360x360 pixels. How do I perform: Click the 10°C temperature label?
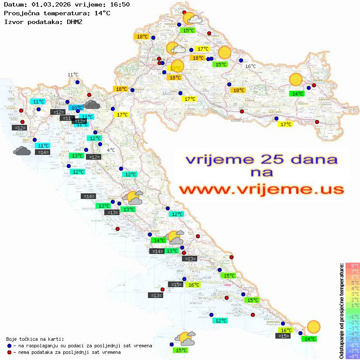(76, 108)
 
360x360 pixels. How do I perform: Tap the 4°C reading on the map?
(111, 150)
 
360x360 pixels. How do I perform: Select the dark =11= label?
(67, 118)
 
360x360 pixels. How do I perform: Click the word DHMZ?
(75, 21)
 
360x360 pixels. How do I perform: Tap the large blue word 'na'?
(261, 173)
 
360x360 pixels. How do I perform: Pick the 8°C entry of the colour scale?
(353, 265)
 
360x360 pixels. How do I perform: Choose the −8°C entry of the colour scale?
(353, 356)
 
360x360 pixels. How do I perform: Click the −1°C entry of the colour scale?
(353, 316)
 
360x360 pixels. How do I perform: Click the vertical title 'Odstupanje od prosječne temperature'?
(341, 311)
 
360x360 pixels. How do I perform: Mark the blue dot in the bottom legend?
(10, 345)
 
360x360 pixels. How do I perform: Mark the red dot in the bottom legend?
(10, 352)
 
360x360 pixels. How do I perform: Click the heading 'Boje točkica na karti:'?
(35, 339)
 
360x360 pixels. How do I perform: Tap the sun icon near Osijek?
(296, 79)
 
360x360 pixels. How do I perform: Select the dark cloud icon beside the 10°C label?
(92, 104)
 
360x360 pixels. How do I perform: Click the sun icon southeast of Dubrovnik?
(313, 326)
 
